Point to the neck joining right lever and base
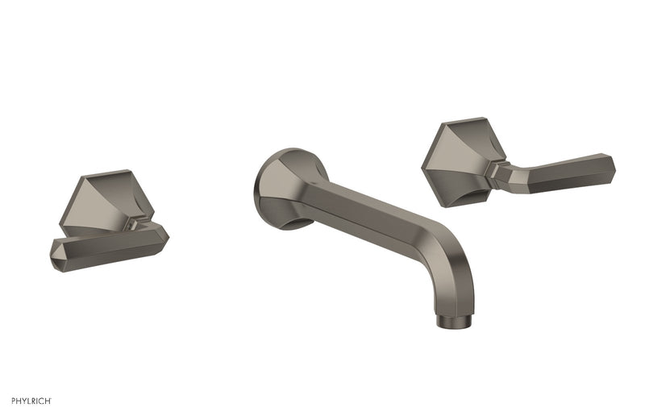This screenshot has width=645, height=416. pos(500,168)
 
